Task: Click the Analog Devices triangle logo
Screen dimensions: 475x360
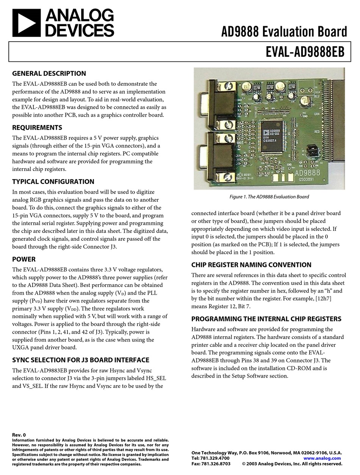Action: point(26,23)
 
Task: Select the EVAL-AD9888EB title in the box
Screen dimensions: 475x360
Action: point(305,52)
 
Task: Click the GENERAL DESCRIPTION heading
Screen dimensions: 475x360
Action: point(49,74)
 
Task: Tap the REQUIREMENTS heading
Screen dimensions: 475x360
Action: point(37,128)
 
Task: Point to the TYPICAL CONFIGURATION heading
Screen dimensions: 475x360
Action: point(53,182)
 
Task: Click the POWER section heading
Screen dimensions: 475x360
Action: point(24,259)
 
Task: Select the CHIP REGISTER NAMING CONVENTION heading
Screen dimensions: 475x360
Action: point(251,265)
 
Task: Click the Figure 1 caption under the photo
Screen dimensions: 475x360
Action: point(269,197)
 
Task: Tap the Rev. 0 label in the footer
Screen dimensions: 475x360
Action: point(19,435)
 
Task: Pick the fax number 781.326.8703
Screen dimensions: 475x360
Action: point(217,464)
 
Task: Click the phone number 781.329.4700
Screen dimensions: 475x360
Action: point(216,458)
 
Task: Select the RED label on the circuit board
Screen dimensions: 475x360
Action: point(317,132)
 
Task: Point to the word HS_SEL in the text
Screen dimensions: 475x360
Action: point(157,378)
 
